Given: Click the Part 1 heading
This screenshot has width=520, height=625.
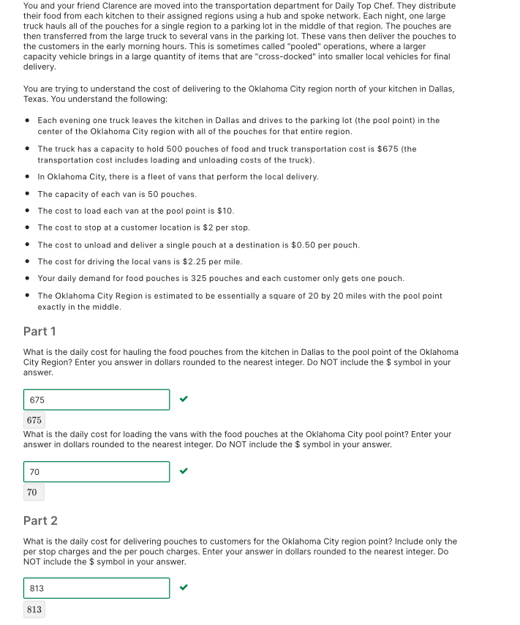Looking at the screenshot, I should (39, 331).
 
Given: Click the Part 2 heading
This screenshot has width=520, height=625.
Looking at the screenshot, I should (40, 520).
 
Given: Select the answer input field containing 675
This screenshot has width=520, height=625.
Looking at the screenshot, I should (97, 400).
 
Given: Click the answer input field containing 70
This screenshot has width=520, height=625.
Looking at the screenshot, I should (97, 472).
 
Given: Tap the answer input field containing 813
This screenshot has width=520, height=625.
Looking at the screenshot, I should (97, 588).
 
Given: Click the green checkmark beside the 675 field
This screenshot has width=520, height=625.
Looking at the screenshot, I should (184, 400).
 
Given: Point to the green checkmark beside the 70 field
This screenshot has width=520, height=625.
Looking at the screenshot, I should (184, 471).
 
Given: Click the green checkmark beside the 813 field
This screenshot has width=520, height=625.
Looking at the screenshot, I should (184, 588).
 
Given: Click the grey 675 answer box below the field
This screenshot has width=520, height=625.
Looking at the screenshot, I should (34, 420).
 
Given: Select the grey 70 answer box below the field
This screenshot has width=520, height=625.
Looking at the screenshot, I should (32, 493).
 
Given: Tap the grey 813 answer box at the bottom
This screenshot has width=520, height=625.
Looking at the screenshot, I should (34, 609).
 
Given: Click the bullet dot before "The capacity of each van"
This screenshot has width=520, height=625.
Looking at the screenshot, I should (27, 194).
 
